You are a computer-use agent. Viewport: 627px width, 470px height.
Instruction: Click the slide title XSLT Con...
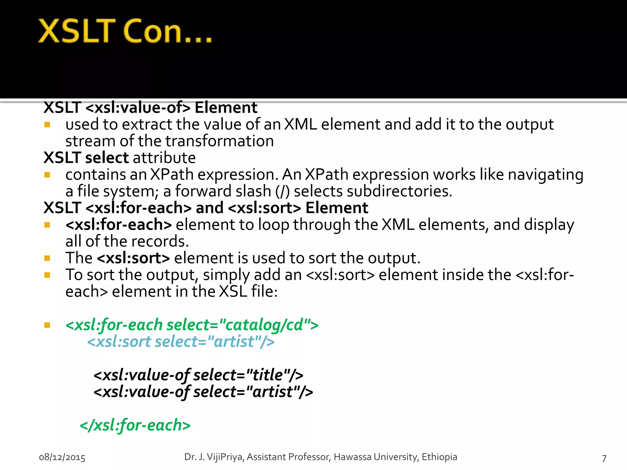click(x=125, y=31)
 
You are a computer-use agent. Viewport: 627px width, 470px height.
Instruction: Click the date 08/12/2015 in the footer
click(x=62, y=457)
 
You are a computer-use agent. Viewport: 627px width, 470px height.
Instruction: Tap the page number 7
click(x=604, y=458)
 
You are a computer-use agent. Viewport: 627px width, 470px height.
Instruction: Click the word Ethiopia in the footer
click(x=439, y=457)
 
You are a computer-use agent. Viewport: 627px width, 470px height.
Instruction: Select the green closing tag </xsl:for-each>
click(x=135, y=425)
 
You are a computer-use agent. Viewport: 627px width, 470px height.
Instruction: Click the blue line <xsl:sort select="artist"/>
click(x=181, y=341)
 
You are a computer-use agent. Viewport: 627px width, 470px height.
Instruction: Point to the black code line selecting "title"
click(x=198, y=375)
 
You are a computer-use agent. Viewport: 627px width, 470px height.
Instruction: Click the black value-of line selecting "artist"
click(x=203, y=392)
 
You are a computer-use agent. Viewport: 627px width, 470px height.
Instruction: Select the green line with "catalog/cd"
click(x=192, y=325)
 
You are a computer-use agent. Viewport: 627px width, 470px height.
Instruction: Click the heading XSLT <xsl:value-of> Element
click(x=150, y=107)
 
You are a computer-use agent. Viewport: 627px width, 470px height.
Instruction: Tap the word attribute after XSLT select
click(x=164, y=158)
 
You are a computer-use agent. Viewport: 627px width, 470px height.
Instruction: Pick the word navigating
click(x=546, y=175)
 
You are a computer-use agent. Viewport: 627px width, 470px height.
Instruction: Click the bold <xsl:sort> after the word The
click(x=133, y=258)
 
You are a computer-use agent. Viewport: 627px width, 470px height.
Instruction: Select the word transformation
click(x=220, y=141)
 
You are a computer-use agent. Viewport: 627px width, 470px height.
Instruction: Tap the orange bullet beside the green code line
click(x=47, y=325)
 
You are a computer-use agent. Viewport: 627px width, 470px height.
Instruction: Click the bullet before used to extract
click(x=47, y=125)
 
